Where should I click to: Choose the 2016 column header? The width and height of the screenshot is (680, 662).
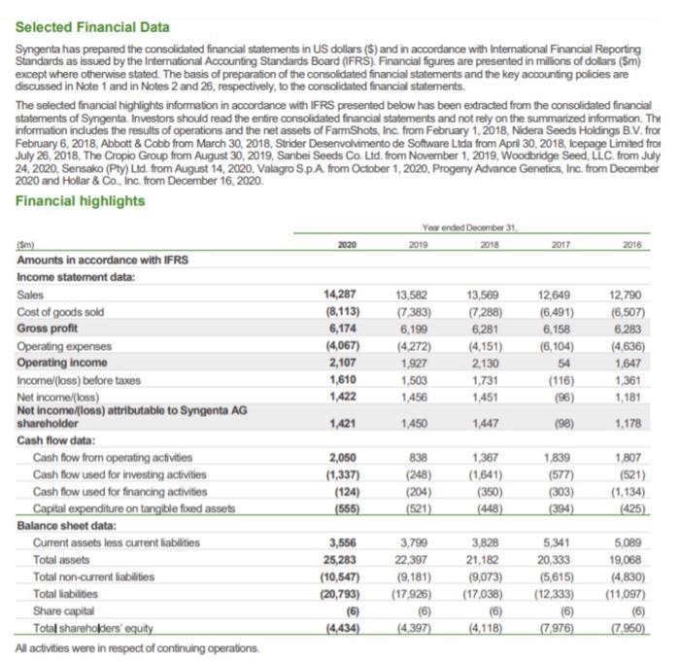[x=646, y=249]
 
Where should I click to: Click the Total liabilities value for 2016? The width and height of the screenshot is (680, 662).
[x=639, y=592]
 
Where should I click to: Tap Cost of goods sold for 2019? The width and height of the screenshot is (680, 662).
[x=418, y=311]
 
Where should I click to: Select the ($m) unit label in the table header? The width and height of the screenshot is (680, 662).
[x=29, y=248]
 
